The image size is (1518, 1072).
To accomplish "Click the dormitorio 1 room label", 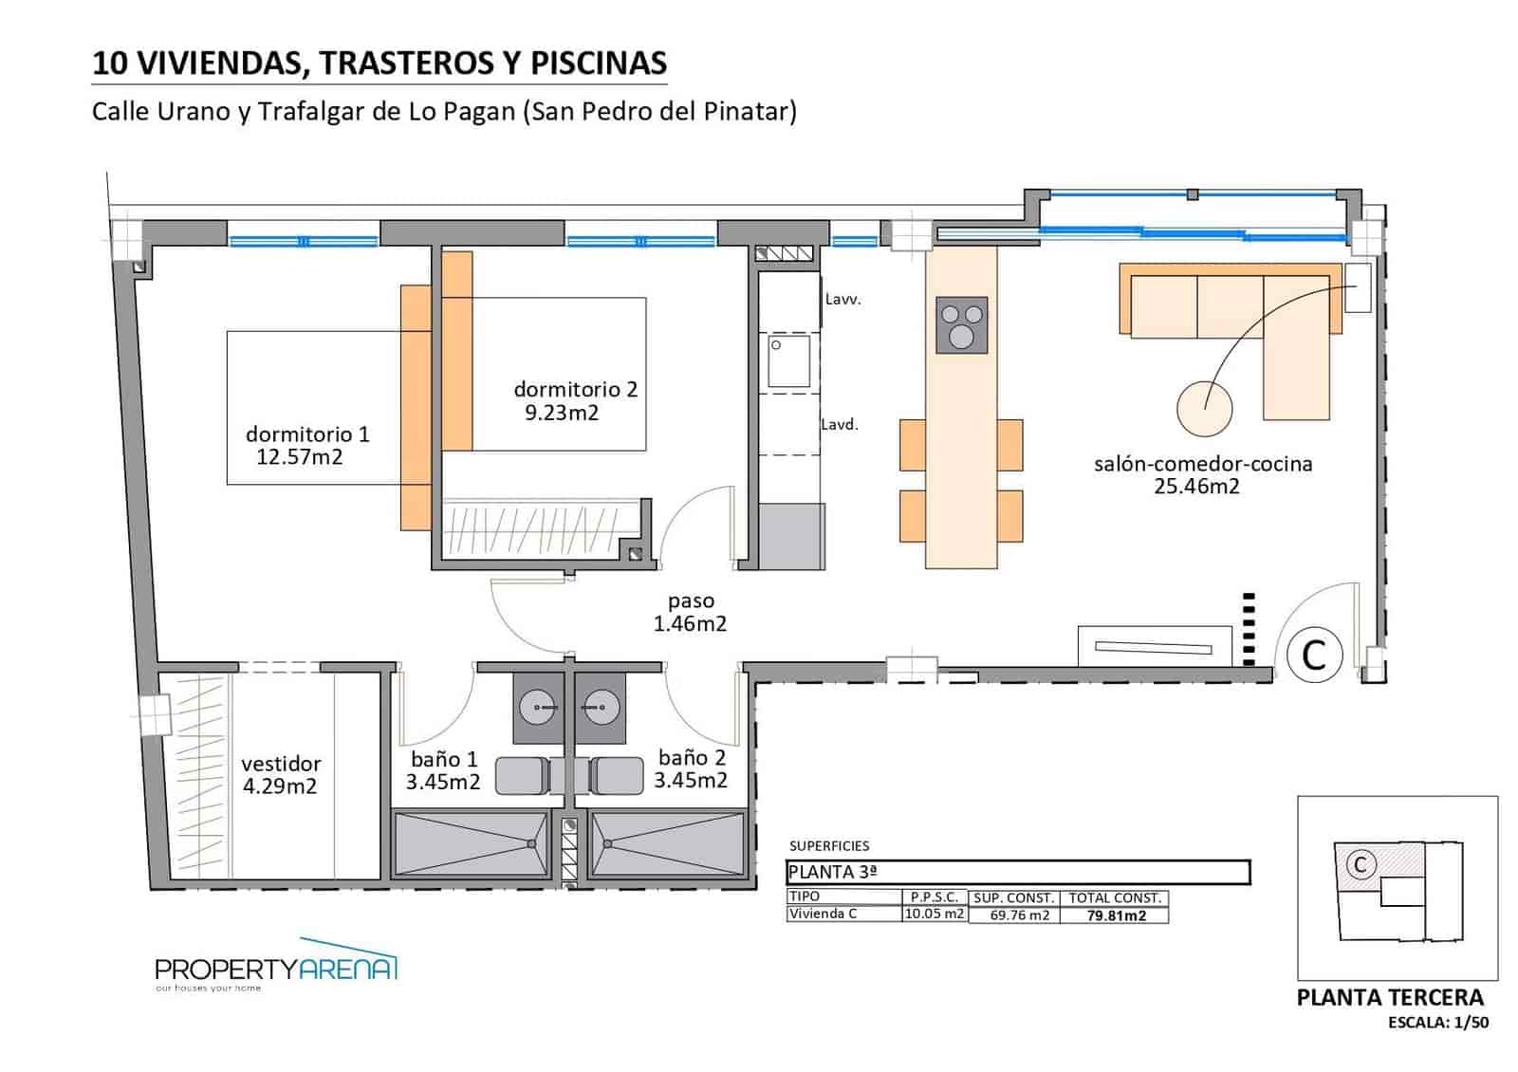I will [306, 434].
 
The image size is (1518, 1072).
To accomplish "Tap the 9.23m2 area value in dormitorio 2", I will [562, 413].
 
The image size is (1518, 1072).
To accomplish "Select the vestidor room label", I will [281, 764].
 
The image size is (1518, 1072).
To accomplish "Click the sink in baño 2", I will [600, 707].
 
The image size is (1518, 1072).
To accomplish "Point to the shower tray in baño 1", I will [471, 842].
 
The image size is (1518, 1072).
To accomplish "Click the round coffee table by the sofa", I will [1204, 408].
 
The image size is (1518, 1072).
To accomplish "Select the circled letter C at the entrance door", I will [1314, 655].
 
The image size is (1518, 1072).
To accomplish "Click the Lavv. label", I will [842, 299].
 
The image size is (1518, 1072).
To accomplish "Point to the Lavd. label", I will [840, 425].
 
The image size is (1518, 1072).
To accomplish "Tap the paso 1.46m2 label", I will [690, 612].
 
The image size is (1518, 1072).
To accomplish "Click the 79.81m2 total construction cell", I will [1115, 915].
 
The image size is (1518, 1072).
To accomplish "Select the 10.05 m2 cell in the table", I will [934, 915].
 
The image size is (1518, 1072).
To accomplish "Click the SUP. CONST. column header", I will [1013, 897].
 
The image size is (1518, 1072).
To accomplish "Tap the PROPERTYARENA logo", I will [275, 970].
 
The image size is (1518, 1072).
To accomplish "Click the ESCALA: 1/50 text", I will [1437, 1023].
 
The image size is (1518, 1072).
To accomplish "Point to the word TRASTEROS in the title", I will [405, 63].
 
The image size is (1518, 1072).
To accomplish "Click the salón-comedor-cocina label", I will [1202, 464].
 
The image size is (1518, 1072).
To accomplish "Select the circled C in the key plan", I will [1361, 864].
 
